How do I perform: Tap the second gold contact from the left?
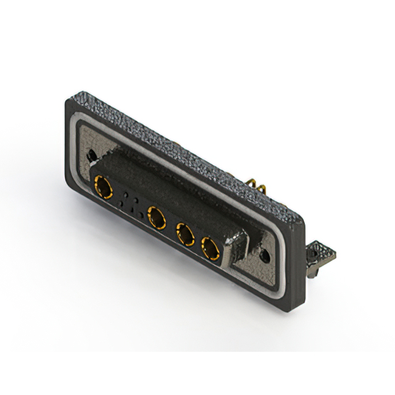pos(157,217)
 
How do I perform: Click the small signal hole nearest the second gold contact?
pos(141,215)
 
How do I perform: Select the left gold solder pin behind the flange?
pos(251,183)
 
